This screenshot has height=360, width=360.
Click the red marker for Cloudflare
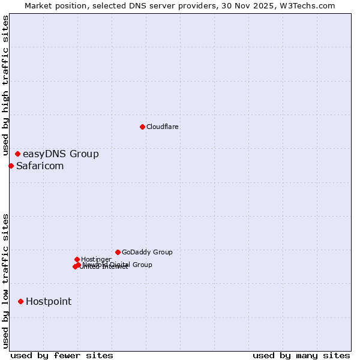[x=142, y=127]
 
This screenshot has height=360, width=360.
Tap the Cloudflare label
[x=163, y=127]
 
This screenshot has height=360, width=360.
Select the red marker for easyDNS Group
[x=17, y=154]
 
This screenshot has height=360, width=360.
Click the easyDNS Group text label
[x=61, y=154]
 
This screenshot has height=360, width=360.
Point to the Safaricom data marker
[x=11, y=166]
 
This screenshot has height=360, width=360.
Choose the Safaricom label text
[x=40, y=166]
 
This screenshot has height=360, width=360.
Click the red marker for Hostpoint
[x=20, y=301]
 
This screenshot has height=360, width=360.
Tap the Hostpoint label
[x=49, y=302]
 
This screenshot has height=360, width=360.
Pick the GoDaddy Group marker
[x=118, y=252]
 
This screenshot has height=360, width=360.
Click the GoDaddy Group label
[x=147, y=253]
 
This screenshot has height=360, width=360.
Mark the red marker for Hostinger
[x=77, y=259]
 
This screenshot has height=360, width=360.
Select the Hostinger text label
[x=96, y=260]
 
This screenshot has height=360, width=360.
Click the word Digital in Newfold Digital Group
[x=120, y=265]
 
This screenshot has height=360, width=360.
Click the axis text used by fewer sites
[x=62, y=355]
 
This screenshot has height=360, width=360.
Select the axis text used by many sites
[x=301, y=355]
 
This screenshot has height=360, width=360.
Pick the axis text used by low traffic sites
[x=6, y=281]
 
